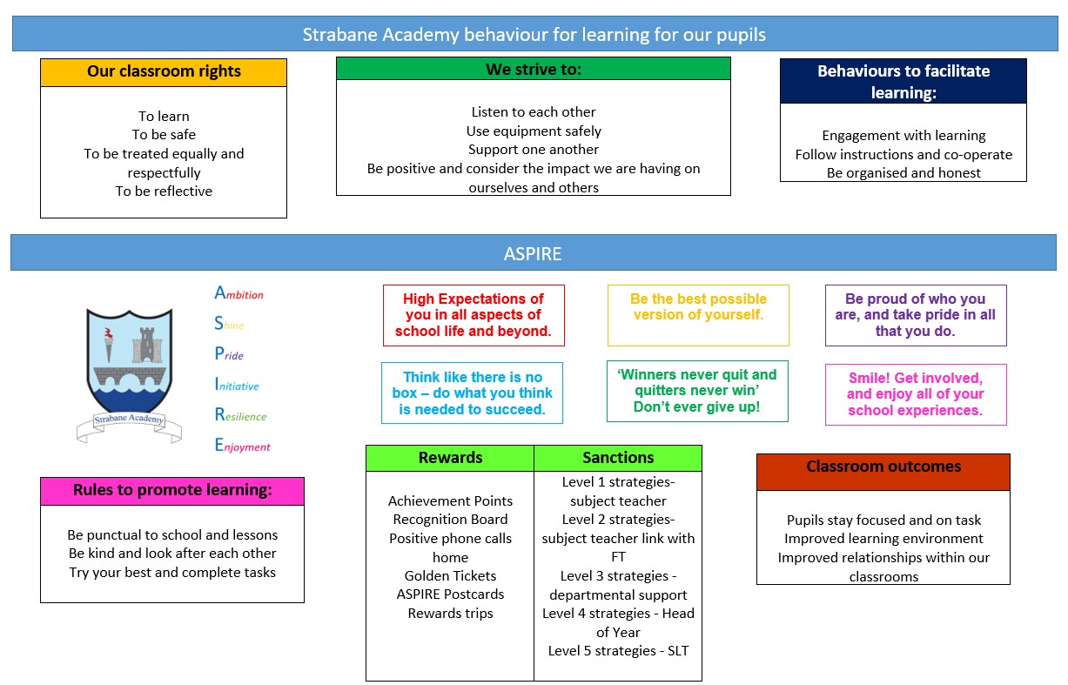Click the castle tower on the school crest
tap(147, 345)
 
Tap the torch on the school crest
tap(109, 344)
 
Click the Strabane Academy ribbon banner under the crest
tap(129, 426)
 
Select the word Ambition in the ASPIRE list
tap(238, 292)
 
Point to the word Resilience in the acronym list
tap(240, 414)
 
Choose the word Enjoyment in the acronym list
tap(242, 446)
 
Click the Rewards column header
tap(450, 458)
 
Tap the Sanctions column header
tap(618, 458)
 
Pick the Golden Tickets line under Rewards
tap(450, 576)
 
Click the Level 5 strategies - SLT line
tap(618, 651)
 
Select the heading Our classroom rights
tap(164, 71)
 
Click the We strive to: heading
tap(534, 70)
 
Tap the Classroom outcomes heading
tap(883, 467)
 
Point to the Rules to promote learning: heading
tap(172, 490)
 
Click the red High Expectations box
tap(474, 315)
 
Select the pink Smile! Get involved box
tap(916, 394)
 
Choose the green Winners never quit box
tap(697, 391)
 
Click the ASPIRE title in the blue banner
tap(533, 253)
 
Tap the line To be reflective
tap(164, 191)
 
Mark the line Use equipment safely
tap(534, 131)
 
